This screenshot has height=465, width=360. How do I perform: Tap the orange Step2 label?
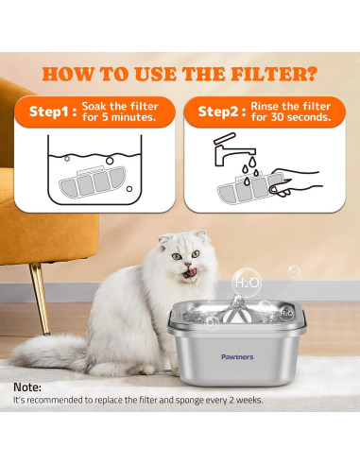click(x=218, y=112)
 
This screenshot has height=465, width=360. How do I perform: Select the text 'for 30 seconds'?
click(x=290, y=119)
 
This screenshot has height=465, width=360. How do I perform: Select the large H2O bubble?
click(x=246, y=282)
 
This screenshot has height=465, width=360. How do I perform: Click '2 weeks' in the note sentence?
click(x=244, y=401)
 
